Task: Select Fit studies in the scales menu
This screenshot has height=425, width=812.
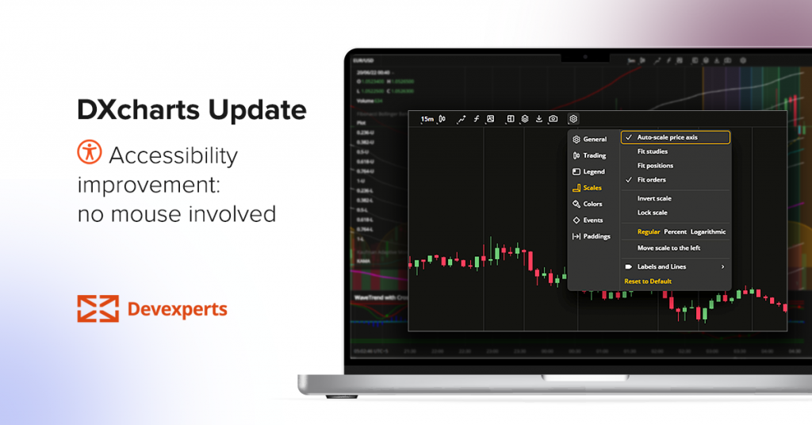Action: pos(653,151)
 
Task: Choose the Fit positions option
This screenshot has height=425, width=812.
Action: pos(655,166)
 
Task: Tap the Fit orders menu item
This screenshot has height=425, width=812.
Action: pos(652,180)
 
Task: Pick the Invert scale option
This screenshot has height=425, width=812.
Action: pos(654,198)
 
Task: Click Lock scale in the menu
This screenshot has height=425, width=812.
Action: pos(653,212)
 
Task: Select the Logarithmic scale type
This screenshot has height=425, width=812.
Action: pos(708,232)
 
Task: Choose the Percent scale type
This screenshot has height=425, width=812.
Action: pos(675,232)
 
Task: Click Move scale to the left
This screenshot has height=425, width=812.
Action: pos(668,248)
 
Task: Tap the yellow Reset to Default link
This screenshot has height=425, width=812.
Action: pos(648,281)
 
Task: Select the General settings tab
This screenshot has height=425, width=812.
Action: pos(594,140)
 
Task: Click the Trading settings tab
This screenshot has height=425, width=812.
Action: pos(594,155)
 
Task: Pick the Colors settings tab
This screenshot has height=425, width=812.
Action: pos(592,204)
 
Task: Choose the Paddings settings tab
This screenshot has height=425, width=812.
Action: pos(596,236)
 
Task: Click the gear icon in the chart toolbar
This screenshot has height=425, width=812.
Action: pos(573,119)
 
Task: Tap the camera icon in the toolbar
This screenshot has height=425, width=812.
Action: pos(553,119)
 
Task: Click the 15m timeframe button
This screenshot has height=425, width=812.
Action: pos(427,119)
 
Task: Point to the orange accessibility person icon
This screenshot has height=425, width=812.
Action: pos(90,151)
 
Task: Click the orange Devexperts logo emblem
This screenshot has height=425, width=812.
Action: pos(98,308)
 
